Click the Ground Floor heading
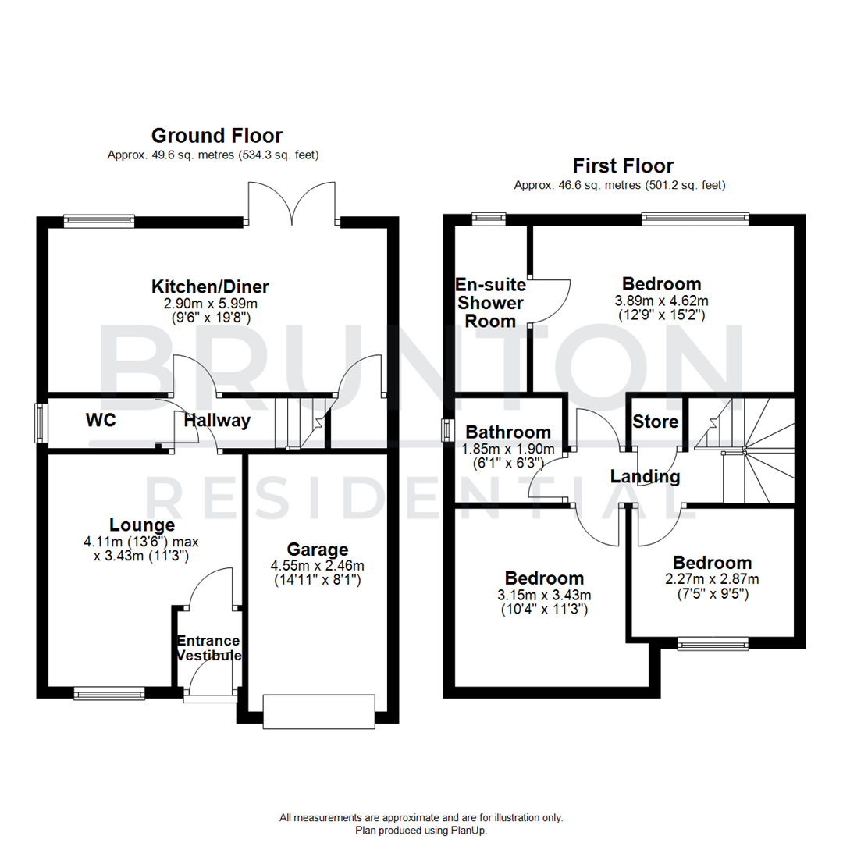click(216, 136)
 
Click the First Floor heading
click(623, 165)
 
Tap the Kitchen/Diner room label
click(210, 286)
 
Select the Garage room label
click(317, 550)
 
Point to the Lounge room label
click(141, 525)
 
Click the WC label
click(101, 421)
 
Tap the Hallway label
click(217, 421)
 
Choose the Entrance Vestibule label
click(208, 648)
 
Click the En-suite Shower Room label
click(490, 302)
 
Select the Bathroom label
click(508, 432)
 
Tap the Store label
click(656, 422)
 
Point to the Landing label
click(645, 476)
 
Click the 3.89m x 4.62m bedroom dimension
click(661, 301)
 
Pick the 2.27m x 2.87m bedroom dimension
click(712, 579)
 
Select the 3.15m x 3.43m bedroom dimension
click(544, 595)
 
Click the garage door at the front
click(318, 711)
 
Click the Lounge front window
click(109, 692)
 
